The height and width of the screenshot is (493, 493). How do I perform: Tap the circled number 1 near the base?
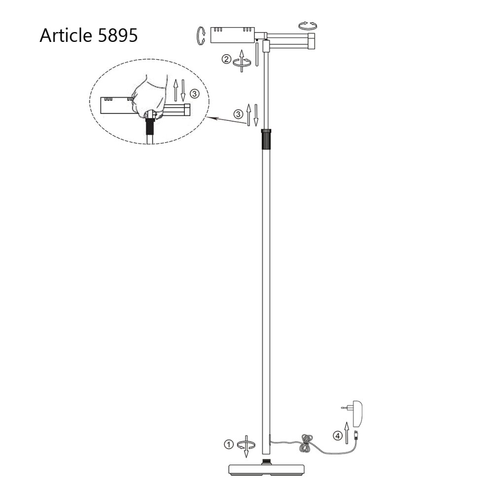coord(228,444)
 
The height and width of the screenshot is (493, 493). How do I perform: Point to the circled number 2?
coord(226,60)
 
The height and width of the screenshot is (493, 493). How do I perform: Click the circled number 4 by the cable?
coord(337,435)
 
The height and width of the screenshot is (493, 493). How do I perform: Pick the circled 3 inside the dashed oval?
coord(195,92)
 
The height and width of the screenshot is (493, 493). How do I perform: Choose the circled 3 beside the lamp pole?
coord(238,114)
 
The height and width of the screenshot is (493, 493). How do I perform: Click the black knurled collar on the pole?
coord(266,139)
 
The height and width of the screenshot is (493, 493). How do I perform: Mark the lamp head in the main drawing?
coord(232,35)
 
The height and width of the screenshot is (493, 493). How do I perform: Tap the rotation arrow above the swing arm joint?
coord(309,25)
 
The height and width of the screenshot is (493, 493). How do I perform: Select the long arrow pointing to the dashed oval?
coord(227,121)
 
